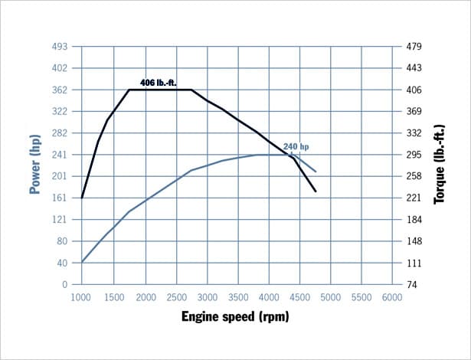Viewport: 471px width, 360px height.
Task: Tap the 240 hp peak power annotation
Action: click(296, 146)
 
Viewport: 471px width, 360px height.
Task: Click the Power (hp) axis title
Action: click(34, 165)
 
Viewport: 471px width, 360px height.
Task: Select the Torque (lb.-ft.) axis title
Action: click(440, 165)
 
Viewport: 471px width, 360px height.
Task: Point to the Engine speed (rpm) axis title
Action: click(236, 316)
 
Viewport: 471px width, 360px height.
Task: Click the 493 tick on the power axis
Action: click(61, 47)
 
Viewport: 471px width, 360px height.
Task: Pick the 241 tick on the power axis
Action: click(61, 155)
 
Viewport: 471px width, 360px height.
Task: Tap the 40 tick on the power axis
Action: click(63, 263)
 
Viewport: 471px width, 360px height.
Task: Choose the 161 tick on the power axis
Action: click(61, 198)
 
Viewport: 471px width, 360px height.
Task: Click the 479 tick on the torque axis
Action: click(414, 47)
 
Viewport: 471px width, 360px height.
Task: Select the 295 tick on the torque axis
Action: click(414, 155)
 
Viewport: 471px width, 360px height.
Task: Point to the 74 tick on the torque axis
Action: click(412, 284)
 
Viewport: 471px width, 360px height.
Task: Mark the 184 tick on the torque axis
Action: click(414, 220)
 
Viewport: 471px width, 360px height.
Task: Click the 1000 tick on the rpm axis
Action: click(81, 296)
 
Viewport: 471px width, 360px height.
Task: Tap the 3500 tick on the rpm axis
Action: click(237, 296)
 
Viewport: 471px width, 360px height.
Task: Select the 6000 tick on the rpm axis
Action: click(392, 296)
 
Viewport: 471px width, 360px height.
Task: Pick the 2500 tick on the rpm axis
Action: click(175, 296)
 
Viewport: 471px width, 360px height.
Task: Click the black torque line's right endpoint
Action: click(316, 191)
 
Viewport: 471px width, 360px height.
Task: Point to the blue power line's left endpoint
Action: click(82, 262)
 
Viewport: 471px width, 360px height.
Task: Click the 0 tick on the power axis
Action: click(65, 284)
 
